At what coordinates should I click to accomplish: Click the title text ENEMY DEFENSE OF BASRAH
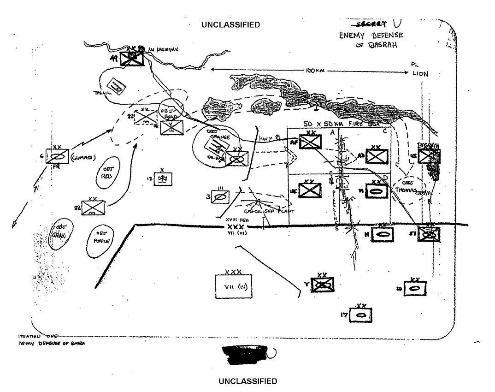point(371,40)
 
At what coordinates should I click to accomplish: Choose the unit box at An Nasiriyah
point(132,58)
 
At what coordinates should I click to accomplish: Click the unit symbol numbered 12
point(164,179)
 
